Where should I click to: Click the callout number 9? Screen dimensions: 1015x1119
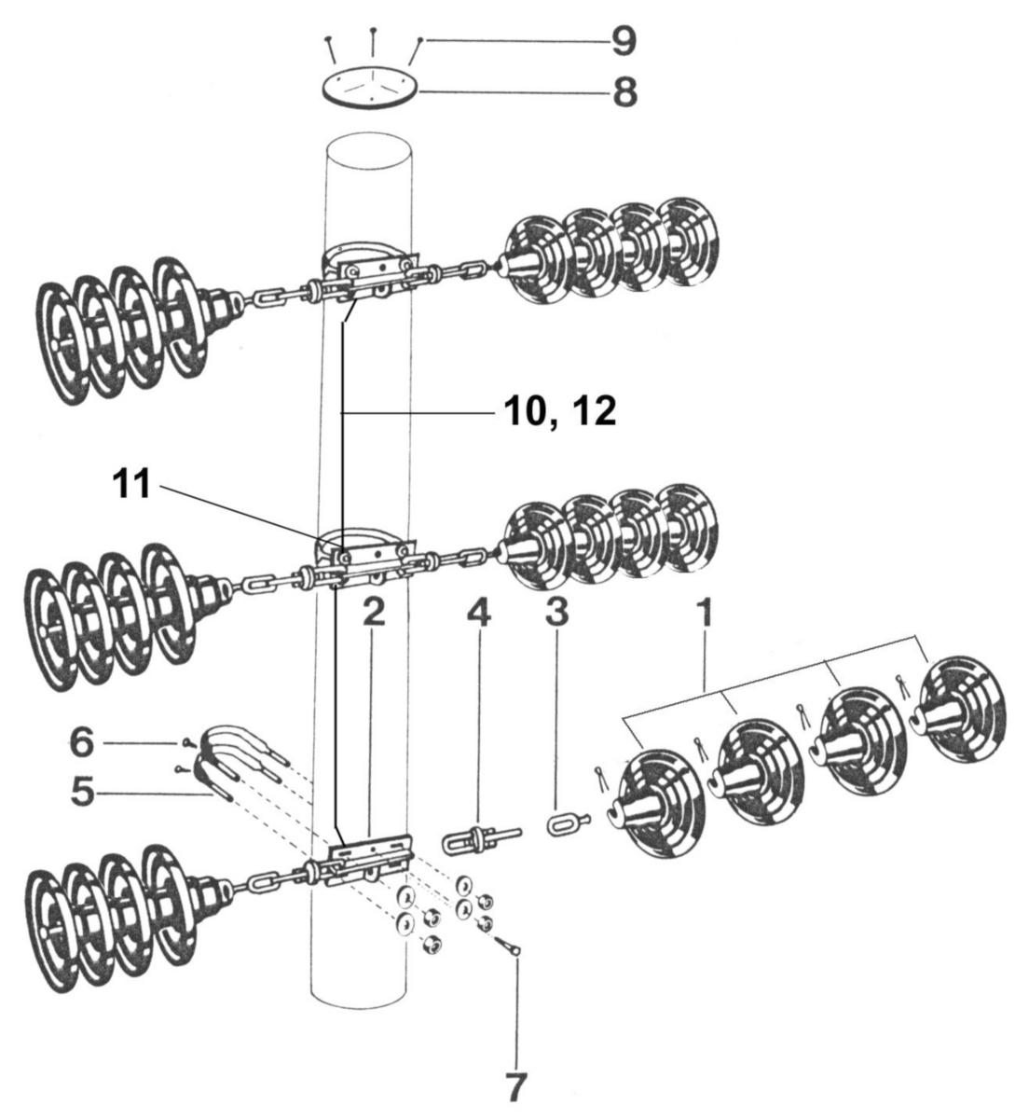(x=624, y=41)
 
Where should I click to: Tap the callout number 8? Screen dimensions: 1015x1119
(x=625, y=91)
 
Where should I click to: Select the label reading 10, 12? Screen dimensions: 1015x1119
(x=560, y=412)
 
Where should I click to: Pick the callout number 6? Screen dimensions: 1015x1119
(x=81, y=743)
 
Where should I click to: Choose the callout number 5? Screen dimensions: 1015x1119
(x=82, y=793)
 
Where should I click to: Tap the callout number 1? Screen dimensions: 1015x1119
(x=706, y=613)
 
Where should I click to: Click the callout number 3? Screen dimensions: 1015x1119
(x=556, y=612)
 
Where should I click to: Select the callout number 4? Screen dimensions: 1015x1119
(x=479, y=613)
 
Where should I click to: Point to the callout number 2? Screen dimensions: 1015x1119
(x=374, y=613)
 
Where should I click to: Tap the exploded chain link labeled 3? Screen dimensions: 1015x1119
(x=569, y=824)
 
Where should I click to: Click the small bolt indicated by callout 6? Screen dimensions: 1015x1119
(x=188, y=742)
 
